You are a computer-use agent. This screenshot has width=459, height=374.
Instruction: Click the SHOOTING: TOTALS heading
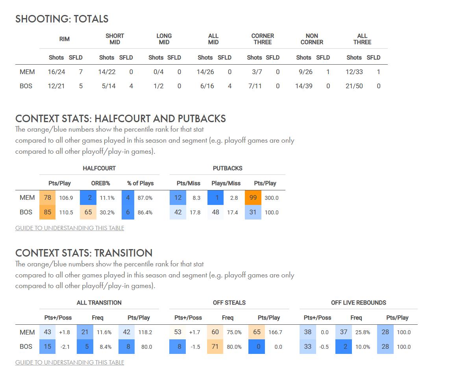(62, 19)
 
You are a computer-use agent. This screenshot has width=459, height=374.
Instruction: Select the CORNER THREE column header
(263, 39)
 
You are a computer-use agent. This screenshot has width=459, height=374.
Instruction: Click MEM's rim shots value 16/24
(56, 72)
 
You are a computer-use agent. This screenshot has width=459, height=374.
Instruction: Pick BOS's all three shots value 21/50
(354, 86)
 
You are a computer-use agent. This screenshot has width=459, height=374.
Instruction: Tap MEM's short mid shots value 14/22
(107, 72)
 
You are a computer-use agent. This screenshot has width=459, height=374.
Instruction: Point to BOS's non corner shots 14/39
(304, 86)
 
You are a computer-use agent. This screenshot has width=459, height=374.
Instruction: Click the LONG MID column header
(164, 39)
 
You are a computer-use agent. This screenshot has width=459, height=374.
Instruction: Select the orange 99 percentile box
(253, 198)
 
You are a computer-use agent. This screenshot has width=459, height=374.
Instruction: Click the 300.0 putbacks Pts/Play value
(271, 198)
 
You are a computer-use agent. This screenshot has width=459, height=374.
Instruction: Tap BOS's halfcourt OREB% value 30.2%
(107, 212)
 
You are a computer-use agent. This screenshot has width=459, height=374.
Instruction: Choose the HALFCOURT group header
(99, 168)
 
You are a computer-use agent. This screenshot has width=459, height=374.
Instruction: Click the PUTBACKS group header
(228, 168)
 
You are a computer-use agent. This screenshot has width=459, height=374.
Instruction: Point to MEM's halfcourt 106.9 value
(66, 198)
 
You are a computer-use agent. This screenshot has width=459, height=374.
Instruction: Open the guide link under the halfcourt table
(70, 228)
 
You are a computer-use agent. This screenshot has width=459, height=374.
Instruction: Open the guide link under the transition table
(70, 362)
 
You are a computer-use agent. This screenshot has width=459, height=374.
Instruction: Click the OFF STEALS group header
(229, 303)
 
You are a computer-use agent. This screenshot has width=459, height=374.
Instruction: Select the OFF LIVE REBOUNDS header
(359, 303)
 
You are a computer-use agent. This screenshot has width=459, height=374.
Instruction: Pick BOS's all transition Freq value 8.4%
(104, 347)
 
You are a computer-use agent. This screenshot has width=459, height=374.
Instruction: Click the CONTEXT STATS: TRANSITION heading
(84, 253)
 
